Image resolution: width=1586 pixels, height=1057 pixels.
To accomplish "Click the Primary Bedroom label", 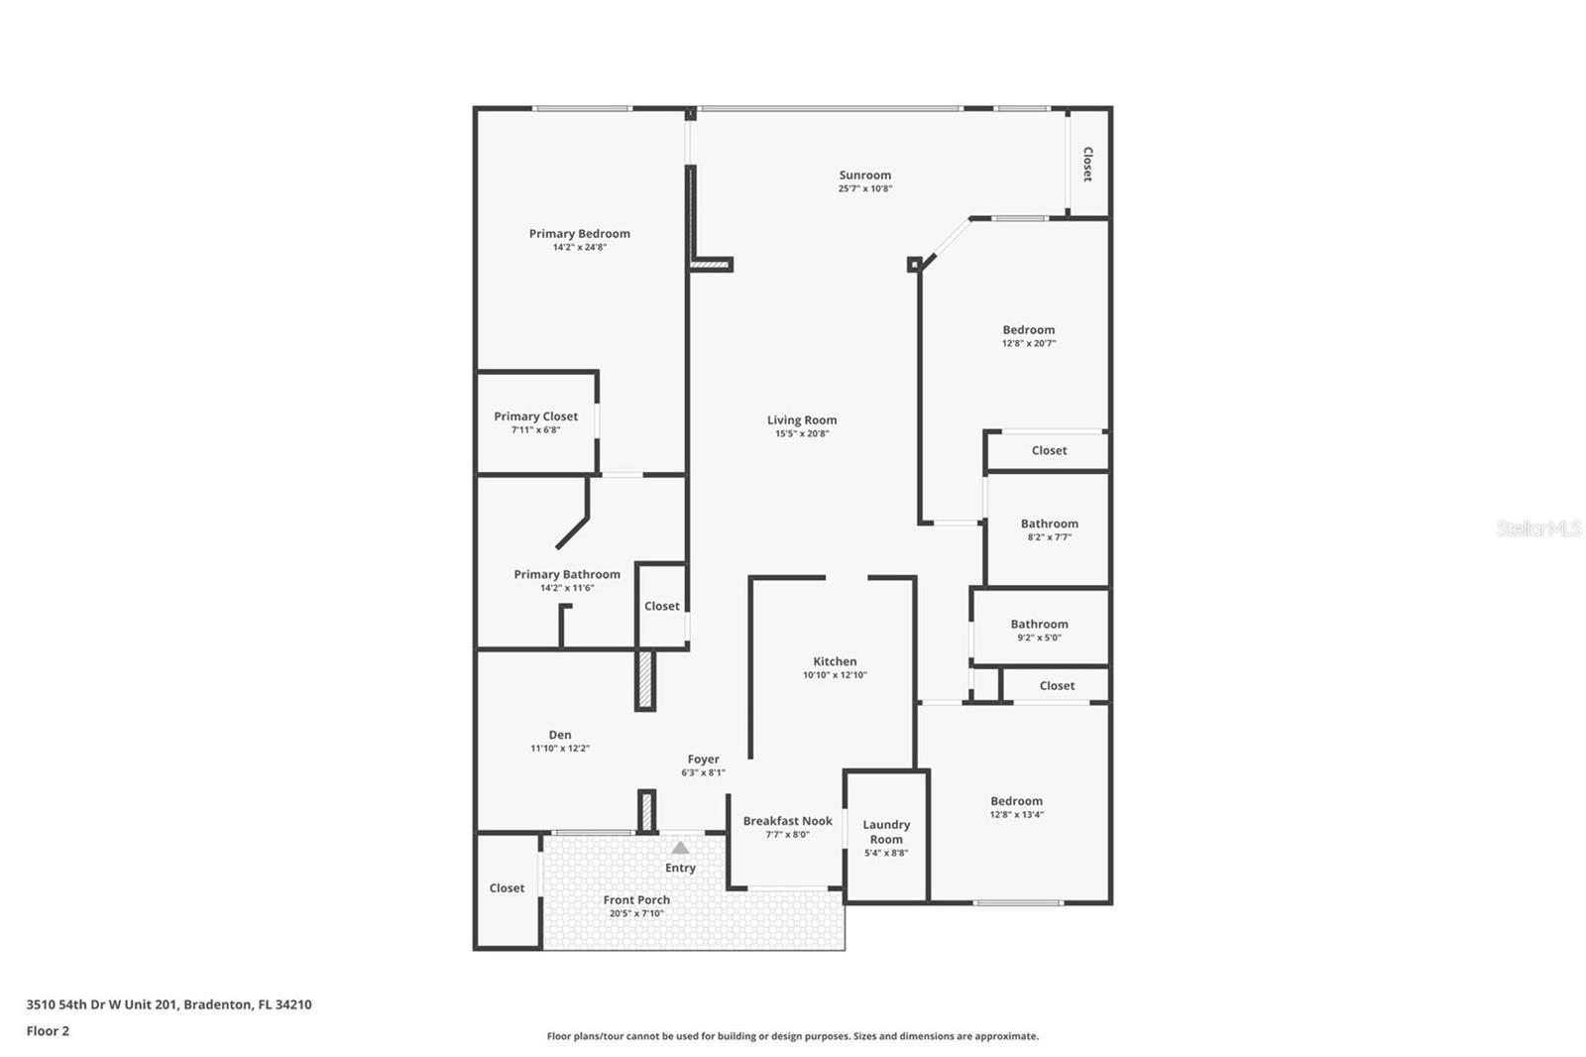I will click(579, 234).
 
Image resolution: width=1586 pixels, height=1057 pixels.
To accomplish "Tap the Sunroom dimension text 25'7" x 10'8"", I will click(865, 188).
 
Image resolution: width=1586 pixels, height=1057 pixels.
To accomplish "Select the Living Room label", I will click(801, 420).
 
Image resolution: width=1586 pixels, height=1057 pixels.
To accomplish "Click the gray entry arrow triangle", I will click(680, 848).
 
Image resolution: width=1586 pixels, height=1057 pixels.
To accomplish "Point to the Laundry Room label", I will click(886, 832).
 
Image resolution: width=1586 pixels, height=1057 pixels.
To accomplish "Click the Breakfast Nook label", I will click(788, 821).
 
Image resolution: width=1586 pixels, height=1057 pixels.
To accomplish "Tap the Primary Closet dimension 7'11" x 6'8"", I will click(535, 430).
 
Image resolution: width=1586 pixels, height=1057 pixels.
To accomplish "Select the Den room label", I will click(560, 735).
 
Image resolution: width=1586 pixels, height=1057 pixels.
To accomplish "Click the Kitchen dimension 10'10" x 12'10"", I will click(835, 675).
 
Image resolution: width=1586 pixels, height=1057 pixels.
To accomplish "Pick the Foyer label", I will click(703, 760).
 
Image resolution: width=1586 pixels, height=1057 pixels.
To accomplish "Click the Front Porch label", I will click(636, 900).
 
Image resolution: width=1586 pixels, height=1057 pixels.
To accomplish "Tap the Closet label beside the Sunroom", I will click(1087, 165).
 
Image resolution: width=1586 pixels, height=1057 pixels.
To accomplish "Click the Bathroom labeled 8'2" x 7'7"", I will click(1049, 524).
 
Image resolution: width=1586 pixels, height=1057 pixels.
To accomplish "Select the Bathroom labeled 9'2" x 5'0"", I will click(1039, 624).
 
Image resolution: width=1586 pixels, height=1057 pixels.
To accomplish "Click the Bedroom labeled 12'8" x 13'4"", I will click(1016, 801).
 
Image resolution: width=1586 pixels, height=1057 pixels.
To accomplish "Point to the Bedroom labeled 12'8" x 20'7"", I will click(1028, 330).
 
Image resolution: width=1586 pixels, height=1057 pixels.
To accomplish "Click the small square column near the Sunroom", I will click(914, 265).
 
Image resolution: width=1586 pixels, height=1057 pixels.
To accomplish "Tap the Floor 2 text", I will click(48, 1031).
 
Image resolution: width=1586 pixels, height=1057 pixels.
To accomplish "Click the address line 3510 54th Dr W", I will click(169, 1004).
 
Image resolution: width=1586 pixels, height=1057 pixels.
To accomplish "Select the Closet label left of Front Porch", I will click(507, 888).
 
